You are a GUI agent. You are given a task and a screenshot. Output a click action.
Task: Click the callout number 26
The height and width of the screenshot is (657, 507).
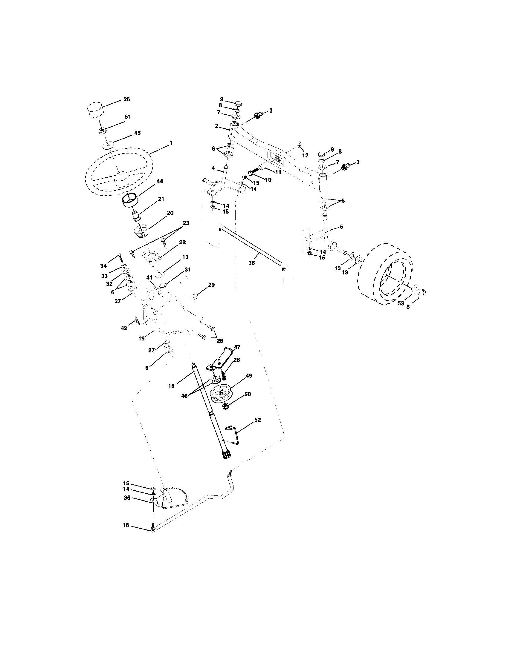click(127, 99)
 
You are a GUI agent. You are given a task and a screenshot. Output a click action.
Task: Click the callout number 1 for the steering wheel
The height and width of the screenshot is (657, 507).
click(171, 143)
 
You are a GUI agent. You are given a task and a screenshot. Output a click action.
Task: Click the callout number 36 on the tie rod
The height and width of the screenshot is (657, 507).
click(251, 263)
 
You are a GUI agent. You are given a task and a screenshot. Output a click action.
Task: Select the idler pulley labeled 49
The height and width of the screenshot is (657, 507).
click(221, 393)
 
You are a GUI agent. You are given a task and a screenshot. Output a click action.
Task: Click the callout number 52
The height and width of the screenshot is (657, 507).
click(257, 420)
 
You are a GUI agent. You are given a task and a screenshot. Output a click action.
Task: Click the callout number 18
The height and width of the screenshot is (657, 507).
click(126, 525)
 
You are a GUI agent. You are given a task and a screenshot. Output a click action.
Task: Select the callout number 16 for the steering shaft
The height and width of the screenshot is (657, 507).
click(171, 386)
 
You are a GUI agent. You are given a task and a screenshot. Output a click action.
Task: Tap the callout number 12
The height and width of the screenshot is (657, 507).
click(305, 155)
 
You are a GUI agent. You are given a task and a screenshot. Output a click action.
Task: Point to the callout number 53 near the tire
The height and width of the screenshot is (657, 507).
click(400, 303)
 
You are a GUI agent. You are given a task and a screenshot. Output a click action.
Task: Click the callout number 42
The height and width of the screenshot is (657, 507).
click(124, 328)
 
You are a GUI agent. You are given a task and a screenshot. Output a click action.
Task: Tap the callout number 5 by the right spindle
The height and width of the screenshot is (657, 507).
click(341, 227)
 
